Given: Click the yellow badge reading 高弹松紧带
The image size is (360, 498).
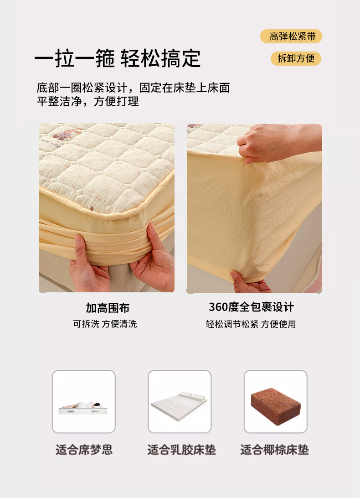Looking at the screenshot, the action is [x=291, y=36].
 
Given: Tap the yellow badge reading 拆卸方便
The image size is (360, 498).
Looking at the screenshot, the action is [x=296, y=58].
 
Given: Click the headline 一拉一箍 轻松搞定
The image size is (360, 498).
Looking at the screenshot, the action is [x=118, y=58].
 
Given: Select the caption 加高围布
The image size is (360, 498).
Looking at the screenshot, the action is [x=107, y=308].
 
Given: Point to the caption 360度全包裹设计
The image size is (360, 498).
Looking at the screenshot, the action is [x=251, y=307].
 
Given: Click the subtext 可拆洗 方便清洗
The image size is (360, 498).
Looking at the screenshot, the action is [x=105, y=324].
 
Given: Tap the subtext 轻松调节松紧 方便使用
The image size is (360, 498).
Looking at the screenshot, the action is [x=251, y=324].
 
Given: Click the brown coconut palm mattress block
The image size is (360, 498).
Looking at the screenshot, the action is [x=276, y=403].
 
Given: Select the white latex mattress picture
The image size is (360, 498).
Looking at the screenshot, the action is [x=180, y=405].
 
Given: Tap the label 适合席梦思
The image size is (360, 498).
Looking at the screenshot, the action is [x=84, y=450].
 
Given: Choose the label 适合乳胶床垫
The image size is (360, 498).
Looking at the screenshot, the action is [x=181, y=450].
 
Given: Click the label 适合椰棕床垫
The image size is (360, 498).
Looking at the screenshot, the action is [x=275, y=450].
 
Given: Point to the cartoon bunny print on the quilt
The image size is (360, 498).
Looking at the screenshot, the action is [x=67, y=133].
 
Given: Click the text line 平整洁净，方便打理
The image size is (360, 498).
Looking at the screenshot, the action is [x=87, y=101].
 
